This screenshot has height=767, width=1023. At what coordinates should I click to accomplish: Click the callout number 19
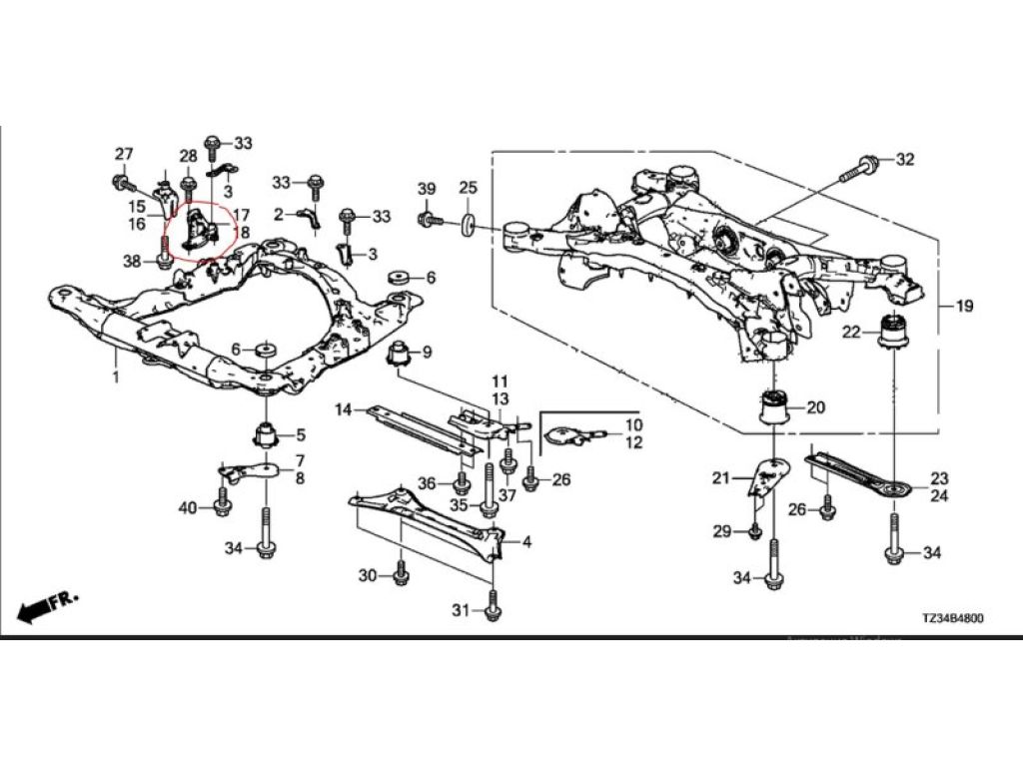pos(963,305)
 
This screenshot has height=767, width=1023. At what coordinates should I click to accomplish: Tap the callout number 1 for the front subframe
pos(116,378)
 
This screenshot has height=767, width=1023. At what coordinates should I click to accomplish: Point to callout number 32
pos(904,160)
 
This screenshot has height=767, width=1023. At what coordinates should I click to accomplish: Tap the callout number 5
pos(300,434)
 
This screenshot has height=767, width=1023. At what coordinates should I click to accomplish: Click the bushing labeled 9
pos(402,354)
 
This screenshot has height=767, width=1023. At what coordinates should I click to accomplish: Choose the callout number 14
pos(344,409)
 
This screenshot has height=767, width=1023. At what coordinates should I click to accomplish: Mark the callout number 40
pos(188,508)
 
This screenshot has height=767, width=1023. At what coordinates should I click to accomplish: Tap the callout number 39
pos(427,190)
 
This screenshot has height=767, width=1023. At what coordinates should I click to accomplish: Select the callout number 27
pos(123,154)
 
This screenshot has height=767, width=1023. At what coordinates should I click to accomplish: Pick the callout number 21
pos(721,479)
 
